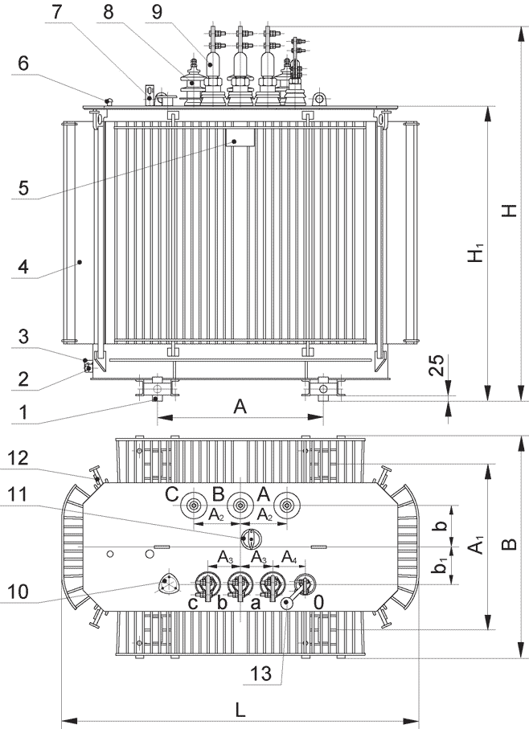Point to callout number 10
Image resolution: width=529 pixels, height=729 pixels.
pos(19,592)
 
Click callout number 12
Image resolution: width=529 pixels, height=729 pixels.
pos(19,457)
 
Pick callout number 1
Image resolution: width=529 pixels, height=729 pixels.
pos(23,412)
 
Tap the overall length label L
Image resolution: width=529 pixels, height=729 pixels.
pos(240,709)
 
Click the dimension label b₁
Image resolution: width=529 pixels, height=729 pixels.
pos(439,567)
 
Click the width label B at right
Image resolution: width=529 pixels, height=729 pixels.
pos(509,546)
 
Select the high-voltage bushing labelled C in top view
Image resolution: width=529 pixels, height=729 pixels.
pos(194,505)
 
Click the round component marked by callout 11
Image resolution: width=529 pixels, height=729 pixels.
pos(250,537)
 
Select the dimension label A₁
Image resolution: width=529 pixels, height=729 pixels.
pos(476,547)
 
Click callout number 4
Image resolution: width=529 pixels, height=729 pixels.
pos(23,267)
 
